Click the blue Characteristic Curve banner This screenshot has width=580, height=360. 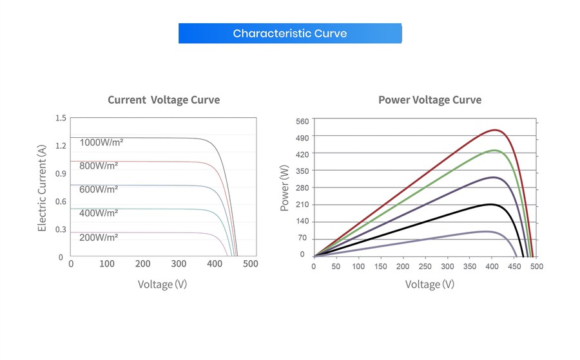coord(290,33)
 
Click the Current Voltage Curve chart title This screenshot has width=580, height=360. coord(164,100)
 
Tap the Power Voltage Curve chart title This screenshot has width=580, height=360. coord(430,100)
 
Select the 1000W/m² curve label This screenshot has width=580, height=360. coord(101,142)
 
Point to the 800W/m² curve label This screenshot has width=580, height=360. coord(99,166)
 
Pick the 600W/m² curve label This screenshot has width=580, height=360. coord(99,189)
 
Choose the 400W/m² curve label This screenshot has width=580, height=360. coord(99,213)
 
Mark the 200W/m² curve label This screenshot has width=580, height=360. coord(99,237)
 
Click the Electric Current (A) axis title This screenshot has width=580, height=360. coord(43,188)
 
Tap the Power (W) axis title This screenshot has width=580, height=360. coord(285,188)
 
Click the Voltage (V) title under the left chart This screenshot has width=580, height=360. coord(162,284)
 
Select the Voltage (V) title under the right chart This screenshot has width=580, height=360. coord(430,284)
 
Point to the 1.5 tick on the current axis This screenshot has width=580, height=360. coord(61,118)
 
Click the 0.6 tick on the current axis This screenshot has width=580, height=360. coord(61,202)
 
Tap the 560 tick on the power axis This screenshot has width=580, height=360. coord(302,121)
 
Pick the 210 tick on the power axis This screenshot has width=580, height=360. coord(302,205)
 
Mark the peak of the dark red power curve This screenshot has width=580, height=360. coord(494,130)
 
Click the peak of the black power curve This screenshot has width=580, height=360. coord(491,204)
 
